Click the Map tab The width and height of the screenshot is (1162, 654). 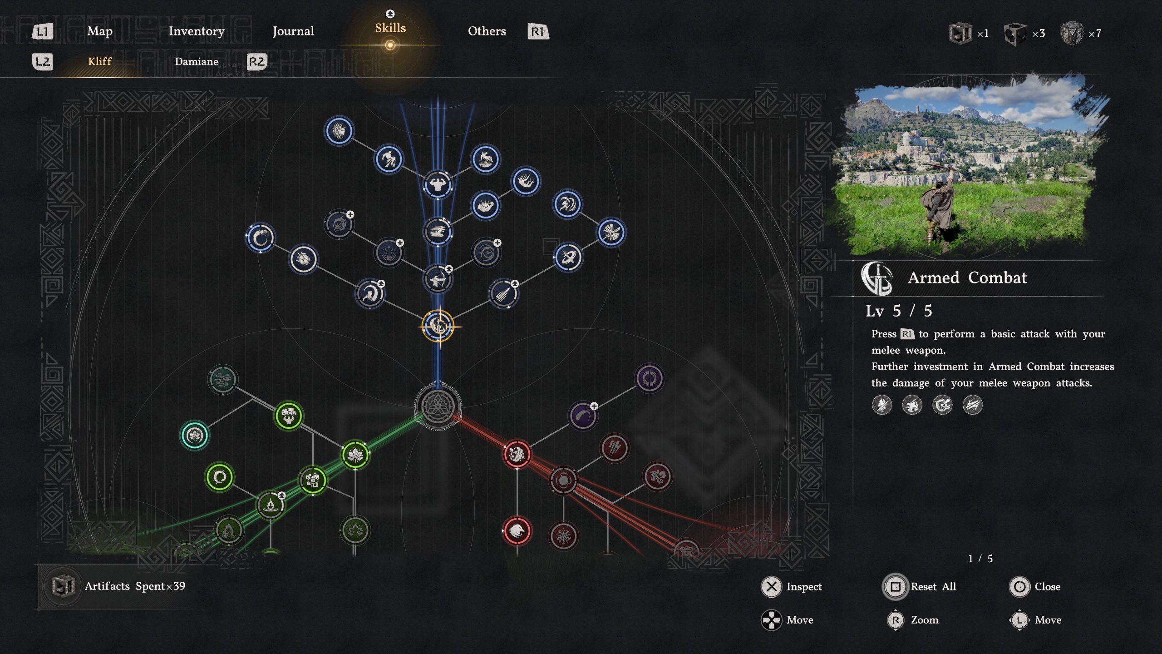coord(99,31)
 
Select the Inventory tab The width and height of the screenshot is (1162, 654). coord(197,31)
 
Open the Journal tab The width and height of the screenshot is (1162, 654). coord(293,31)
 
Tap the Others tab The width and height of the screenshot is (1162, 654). coord(487,31)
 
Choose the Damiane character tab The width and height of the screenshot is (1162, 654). coord(197,61)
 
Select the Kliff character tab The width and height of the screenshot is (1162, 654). coord(99,61)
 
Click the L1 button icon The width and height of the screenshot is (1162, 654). coord(43,31)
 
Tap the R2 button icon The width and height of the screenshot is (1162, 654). coord(256,61)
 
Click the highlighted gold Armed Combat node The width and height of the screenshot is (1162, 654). coord(438,326)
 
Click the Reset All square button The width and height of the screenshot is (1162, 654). coord(895,586)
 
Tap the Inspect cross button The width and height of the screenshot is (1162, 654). coord(771,586)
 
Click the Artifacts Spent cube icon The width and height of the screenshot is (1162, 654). coord(63,586)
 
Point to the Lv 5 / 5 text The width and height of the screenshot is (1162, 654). coord(898,311)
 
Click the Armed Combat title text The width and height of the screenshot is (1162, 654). coord(967,277)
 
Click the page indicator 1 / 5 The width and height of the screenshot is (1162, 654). coord(980,559)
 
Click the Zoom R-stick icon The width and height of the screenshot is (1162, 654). coord(895,620)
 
